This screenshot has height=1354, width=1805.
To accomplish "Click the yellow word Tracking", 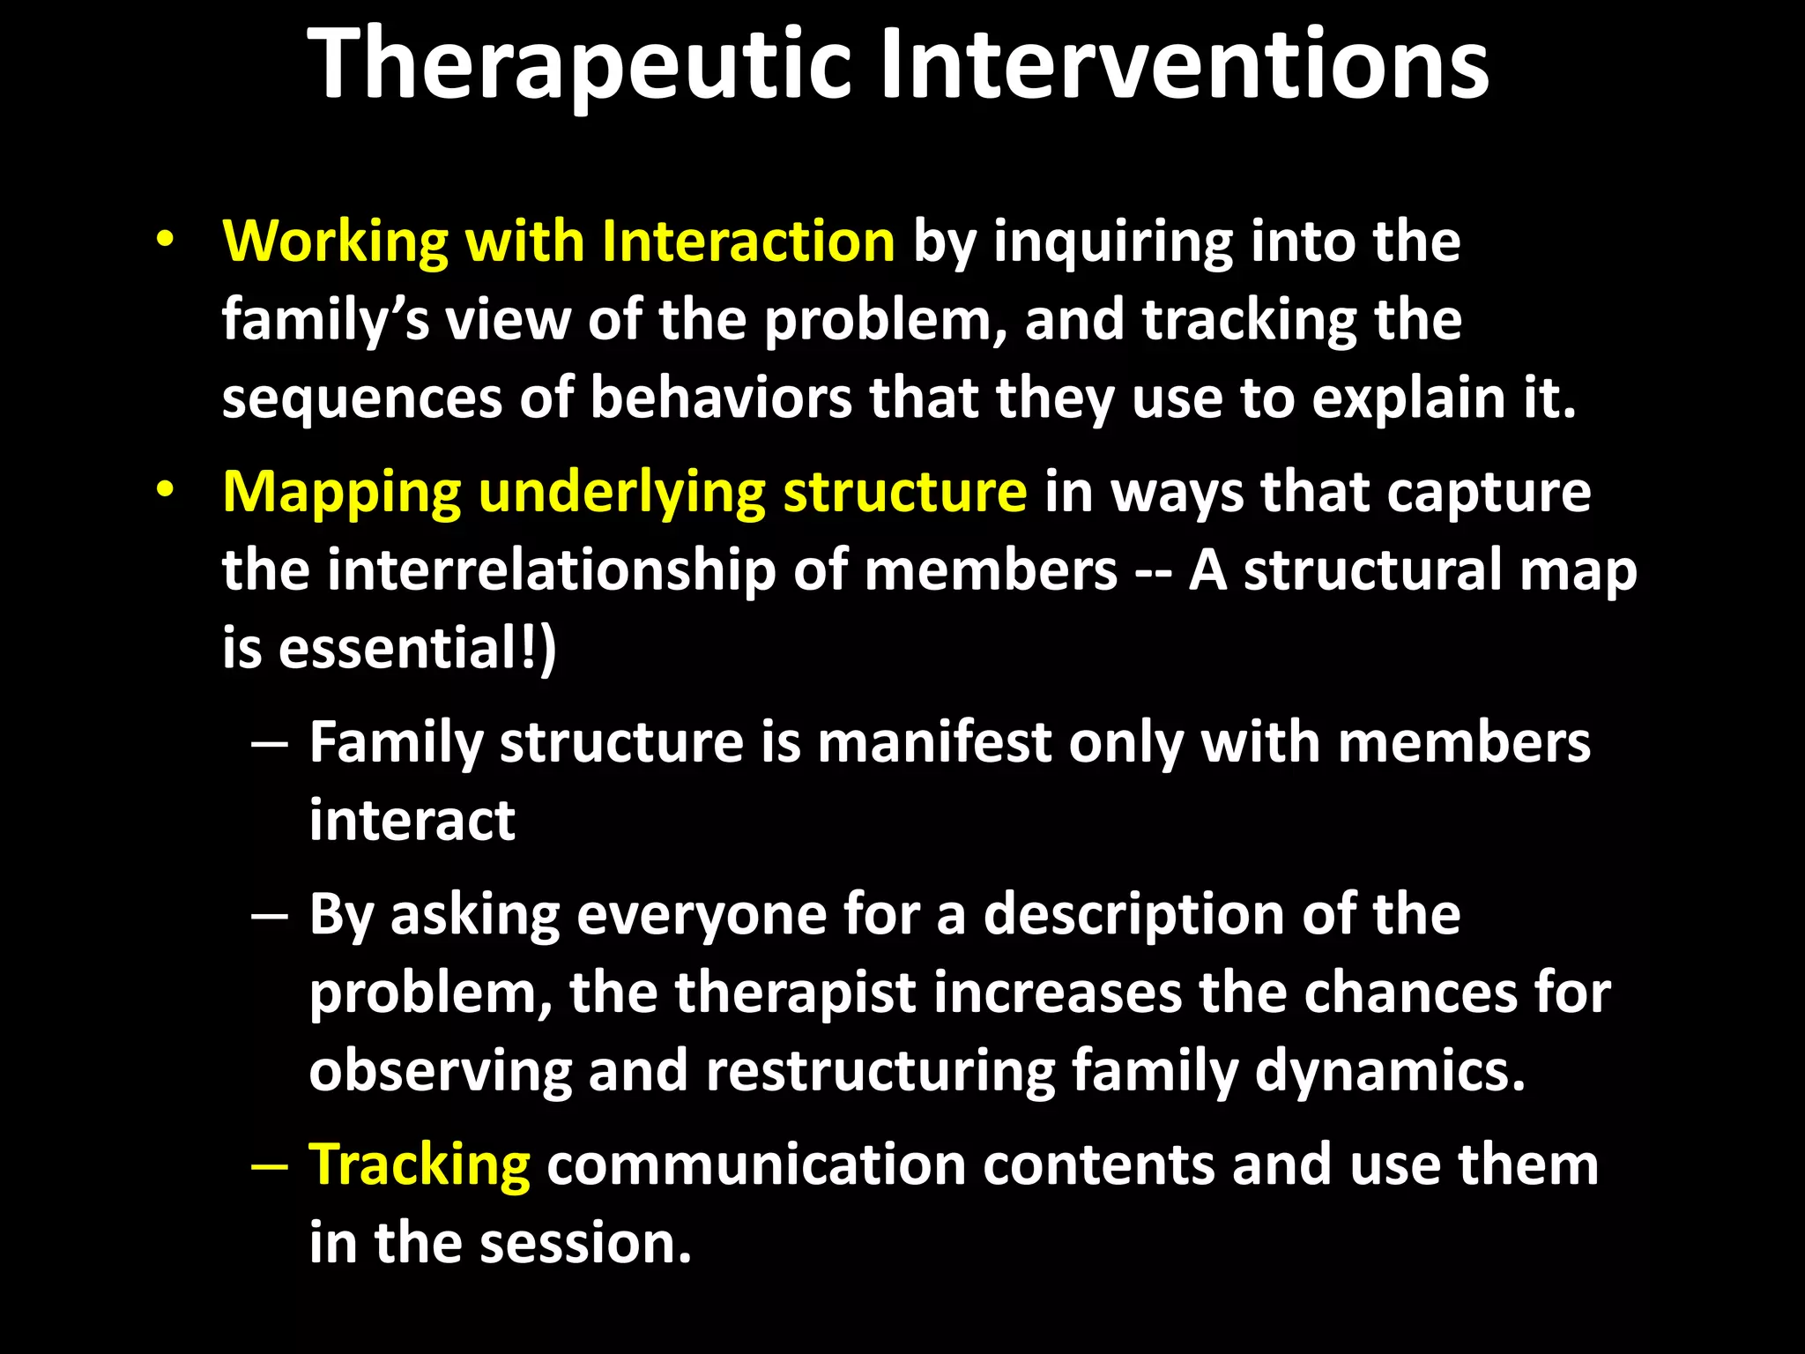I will point(420,1164).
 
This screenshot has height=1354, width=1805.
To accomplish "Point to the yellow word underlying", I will point(621,492).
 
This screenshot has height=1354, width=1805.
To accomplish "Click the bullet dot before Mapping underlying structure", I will point(165,490).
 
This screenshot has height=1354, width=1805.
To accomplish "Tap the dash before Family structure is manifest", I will point(269,744).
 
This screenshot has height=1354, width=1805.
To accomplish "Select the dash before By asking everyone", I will point(269,916).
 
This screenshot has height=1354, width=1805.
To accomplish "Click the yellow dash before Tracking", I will point(269,1166).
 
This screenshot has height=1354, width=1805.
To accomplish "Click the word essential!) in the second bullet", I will point(417,648).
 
